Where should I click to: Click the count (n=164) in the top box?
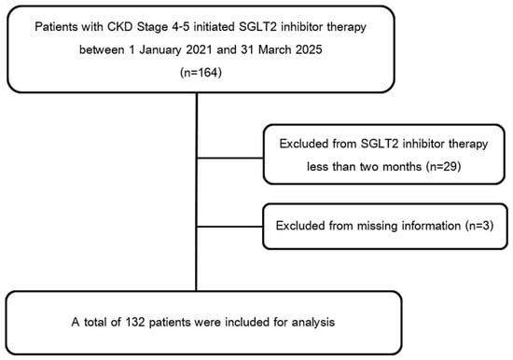coord(201,73)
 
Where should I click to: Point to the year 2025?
coord(309,49)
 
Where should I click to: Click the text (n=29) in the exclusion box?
coord(443,167)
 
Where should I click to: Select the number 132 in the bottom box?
coord(135,322)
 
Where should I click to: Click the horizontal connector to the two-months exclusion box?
coord(230,159)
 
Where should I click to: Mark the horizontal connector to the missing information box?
coord(229,227)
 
